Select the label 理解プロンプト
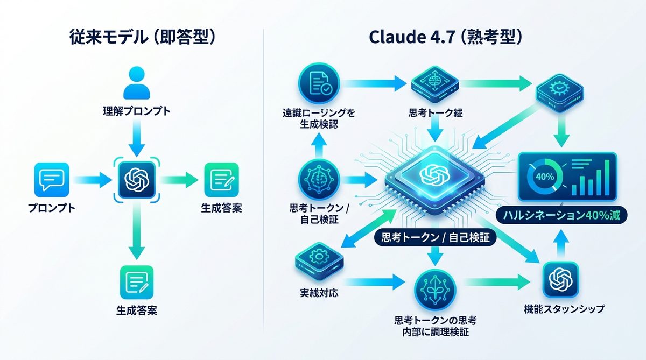click(136, 112)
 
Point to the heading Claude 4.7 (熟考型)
click(446, 38)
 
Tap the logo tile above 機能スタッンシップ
click(560, 279)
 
